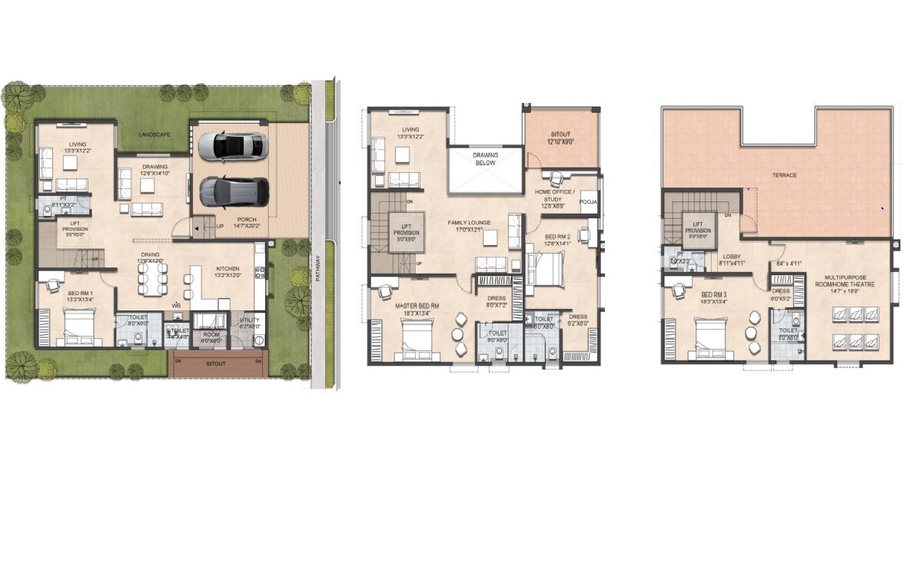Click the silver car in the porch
click(x=233, y=145)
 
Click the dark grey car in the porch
click(x=234, y=191)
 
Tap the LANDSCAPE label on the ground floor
click(x=154, y=134)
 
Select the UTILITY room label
click(x=250, y=320)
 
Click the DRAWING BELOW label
click(x=485, y=159)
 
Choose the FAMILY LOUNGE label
click(x=470, y=222)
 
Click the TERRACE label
click(x=784, y=175)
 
